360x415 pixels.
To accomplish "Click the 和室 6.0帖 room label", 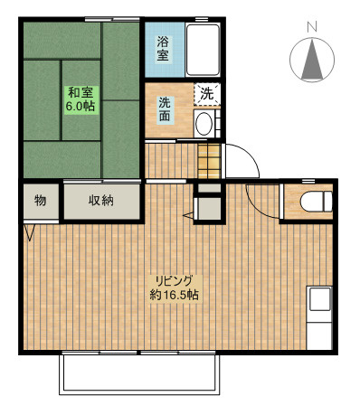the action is (x=81, y=99).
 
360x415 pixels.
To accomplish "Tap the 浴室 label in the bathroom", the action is (x=163, y=49).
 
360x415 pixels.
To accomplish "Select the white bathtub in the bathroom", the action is (x=203, y=50).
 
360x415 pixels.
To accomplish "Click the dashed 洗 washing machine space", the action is (x=207, y=94).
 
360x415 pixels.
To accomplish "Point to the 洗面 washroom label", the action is (x=165, y=109).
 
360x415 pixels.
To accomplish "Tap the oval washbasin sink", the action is (x=204, y=124).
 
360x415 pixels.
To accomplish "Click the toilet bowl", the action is (x=317, y=202).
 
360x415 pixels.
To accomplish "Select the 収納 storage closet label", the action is (x=101, y=200).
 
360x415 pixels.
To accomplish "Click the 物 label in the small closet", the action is (x=41, y=200).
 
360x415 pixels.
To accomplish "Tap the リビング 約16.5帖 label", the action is (x=175, y=288).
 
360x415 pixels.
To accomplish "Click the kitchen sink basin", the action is (x=319, y=299).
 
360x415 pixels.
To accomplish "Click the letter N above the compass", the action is (x=312, y=27).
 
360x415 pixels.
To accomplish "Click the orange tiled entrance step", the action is (x=210, y=161).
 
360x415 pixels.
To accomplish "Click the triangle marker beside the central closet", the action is (x=189, y=215).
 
